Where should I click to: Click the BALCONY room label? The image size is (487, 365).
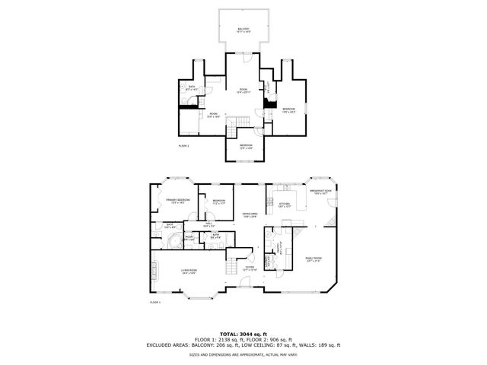pyautogui.click(x=243, y=30)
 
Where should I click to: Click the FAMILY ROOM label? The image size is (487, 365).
pyautogui.click(x=314, y=259)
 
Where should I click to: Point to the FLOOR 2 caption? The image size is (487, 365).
pyautogui.click(x=183, y=145)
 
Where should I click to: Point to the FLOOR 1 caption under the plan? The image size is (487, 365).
pyautogui.click(x=154, y=303)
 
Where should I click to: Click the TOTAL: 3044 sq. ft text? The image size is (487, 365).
pyautogui.click(x=243, y=334)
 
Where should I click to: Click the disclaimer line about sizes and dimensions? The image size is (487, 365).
pyautogui.click(x=243, y=354)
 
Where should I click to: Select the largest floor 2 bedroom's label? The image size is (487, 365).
pyautogui.click(x=289, y=109)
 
